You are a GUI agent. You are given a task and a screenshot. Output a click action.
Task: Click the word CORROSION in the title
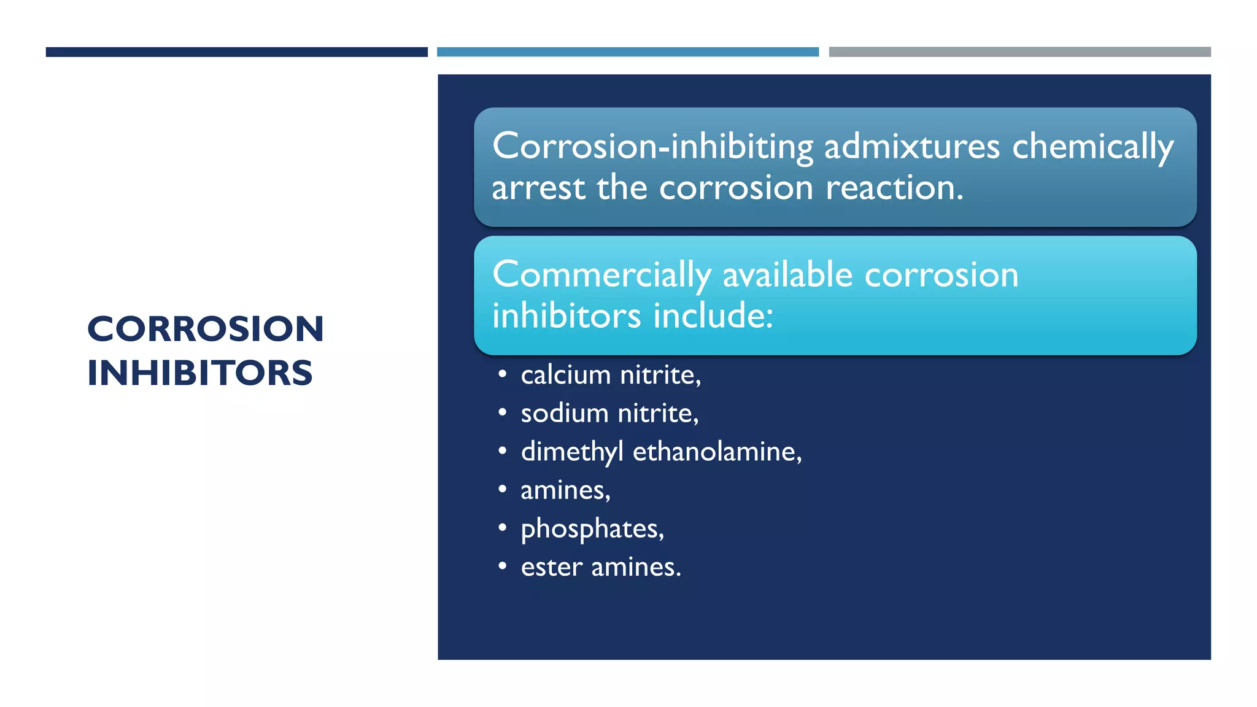coord(206,330)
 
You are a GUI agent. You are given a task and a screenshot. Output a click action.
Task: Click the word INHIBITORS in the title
coord(200,373)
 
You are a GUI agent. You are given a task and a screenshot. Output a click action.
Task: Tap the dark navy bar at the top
coord(236,52)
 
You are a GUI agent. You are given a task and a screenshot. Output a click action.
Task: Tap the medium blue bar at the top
coord(627,52)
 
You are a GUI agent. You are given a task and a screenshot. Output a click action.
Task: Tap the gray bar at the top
coord(1019,52)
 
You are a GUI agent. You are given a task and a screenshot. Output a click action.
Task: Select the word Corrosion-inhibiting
coord(652,147)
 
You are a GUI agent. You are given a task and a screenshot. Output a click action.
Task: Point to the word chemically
coord(1093,147)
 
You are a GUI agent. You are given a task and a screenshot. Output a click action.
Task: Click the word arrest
coord(538,188)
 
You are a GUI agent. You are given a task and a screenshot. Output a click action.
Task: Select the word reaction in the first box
coord(894,188)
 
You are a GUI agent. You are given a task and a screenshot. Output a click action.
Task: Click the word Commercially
coord(601,275)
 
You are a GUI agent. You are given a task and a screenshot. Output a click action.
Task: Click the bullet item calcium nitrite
coord(610,375)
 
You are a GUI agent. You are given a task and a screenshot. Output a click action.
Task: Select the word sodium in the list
coord(564,414)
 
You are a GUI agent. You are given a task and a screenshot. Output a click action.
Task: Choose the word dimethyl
coord(572,452)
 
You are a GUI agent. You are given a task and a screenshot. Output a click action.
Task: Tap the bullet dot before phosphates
coord(503,528)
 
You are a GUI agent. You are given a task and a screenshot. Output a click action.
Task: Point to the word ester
coord(551,567)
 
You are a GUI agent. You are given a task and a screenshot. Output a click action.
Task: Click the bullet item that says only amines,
coord(565,490)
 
